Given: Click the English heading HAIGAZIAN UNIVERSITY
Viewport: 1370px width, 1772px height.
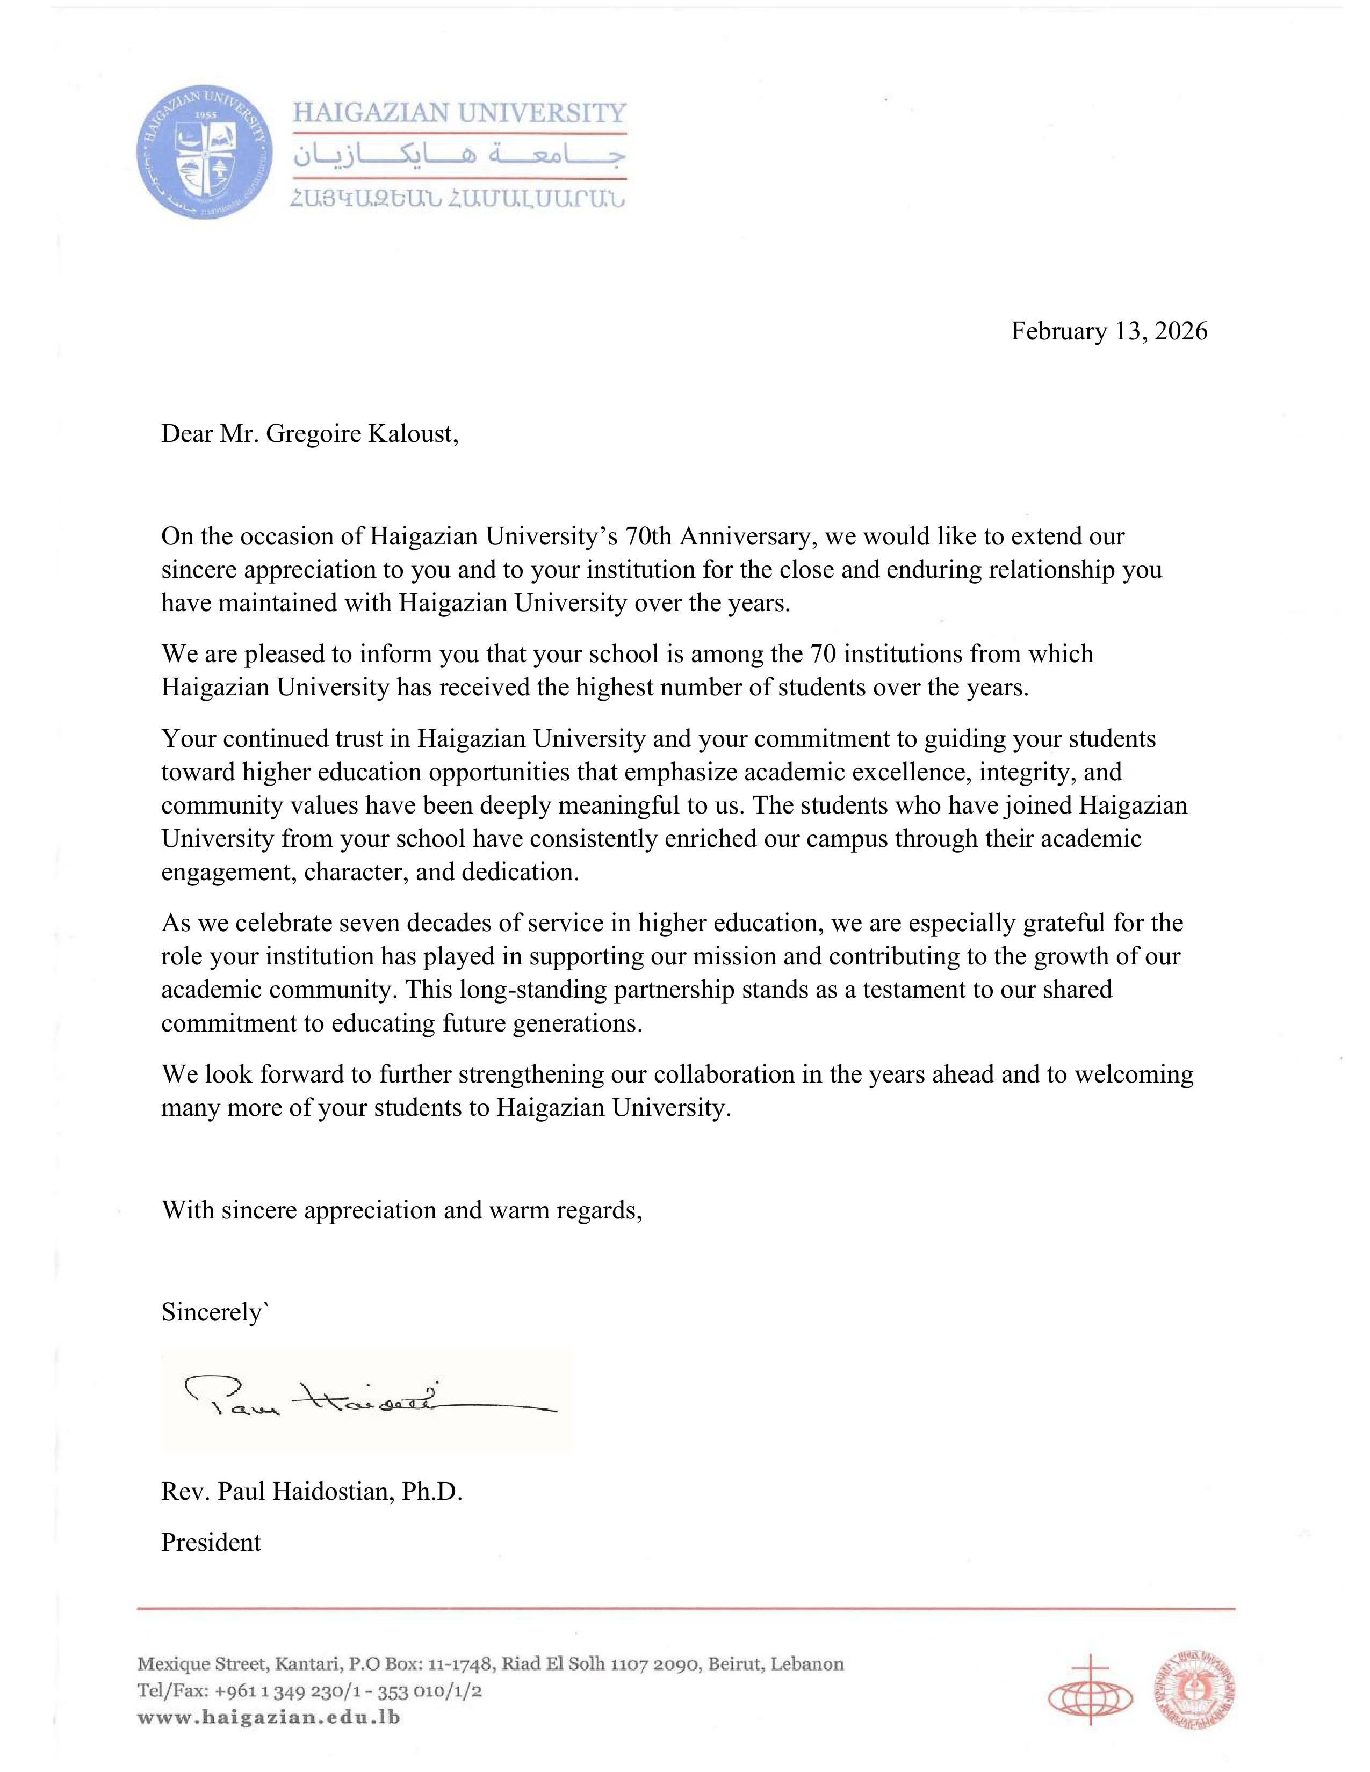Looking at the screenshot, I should tap(459, 112).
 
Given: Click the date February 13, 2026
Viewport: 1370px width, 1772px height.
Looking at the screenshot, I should tap(1109, 331).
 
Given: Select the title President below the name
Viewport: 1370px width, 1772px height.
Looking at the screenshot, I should tap(211, 1542).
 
